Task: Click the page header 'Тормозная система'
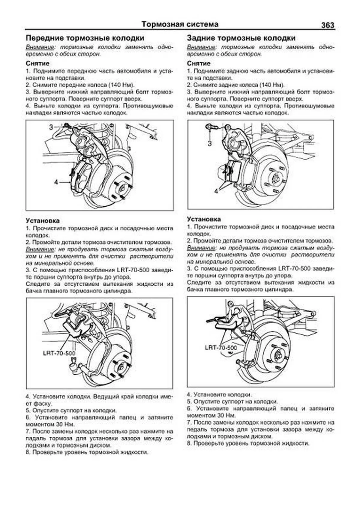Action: tap(180, 24)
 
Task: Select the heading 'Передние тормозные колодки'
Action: tap(85, 38)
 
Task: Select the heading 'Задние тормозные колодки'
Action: tap(241, 38)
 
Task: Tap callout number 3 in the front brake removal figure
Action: tap(51, 127)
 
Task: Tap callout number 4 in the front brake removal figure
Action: tap(56, 182)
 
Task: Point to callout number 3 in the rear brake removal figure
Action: tap(209, 143)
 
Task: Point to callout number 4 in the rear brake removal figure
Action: tap(216, 191)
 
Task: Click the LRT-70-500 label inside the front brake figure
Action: tap(59, 353)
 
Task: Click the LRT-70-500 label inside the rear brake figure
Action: tap(221, 348)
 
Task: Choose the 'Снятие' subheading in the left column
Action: tap(37, 64)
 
